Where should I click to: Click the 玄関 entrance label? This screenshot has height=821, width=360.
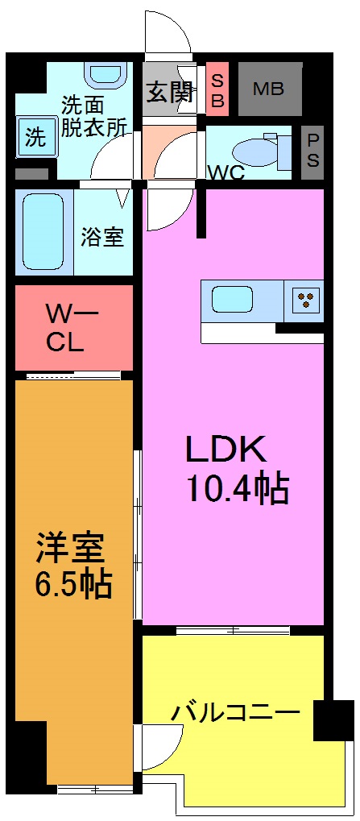170,92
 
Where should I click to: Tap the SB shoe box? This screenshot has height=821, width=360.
218,90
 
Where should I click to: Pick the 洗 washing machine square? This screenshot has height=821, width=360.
35,136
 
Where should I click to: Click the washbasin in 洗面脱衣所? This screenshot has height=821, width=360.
102,73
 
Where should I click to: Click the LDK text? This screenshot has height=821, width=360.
226,449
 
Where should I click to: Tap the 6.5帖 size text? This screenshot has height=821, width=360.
72,583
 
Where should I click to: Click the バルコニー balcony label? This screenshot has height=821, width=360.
235,712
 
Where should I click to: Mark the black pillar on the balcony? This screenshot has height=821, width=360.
333,719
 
